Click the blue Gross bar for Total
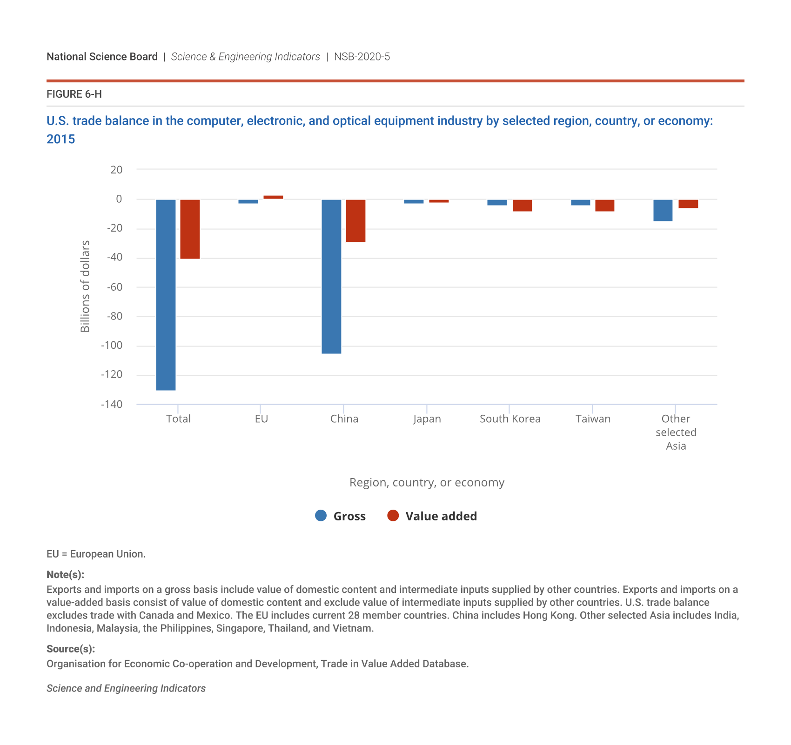click(166, 295)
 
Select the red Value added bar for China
click(355, 221)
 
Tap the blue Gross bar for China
click(331, 277)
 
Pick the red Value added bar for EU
click(273, 197)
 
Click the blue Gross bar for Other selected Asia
click(663, 210)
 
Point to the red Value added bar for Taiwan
click(604, 206)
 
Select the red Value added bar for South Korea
click(522, 206)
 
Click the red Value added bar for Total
click(190, 229)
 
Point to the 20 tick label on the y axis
click(116, 170)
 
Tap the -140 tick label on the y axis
click(112, 405)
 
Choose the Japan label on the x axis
click(427, 419)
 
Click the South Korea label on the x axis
click(510, 419)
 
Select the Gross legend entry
click(341, 516)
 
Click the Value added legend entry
click(432, 516)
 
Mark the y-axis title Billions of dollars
click(85, 286)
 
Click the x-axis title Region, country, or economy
click(427, 483)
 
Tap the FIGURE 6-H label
click(74, 94)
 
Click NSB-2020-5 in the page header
click(362, 57)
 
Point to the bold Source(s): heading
click(71, 649)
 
